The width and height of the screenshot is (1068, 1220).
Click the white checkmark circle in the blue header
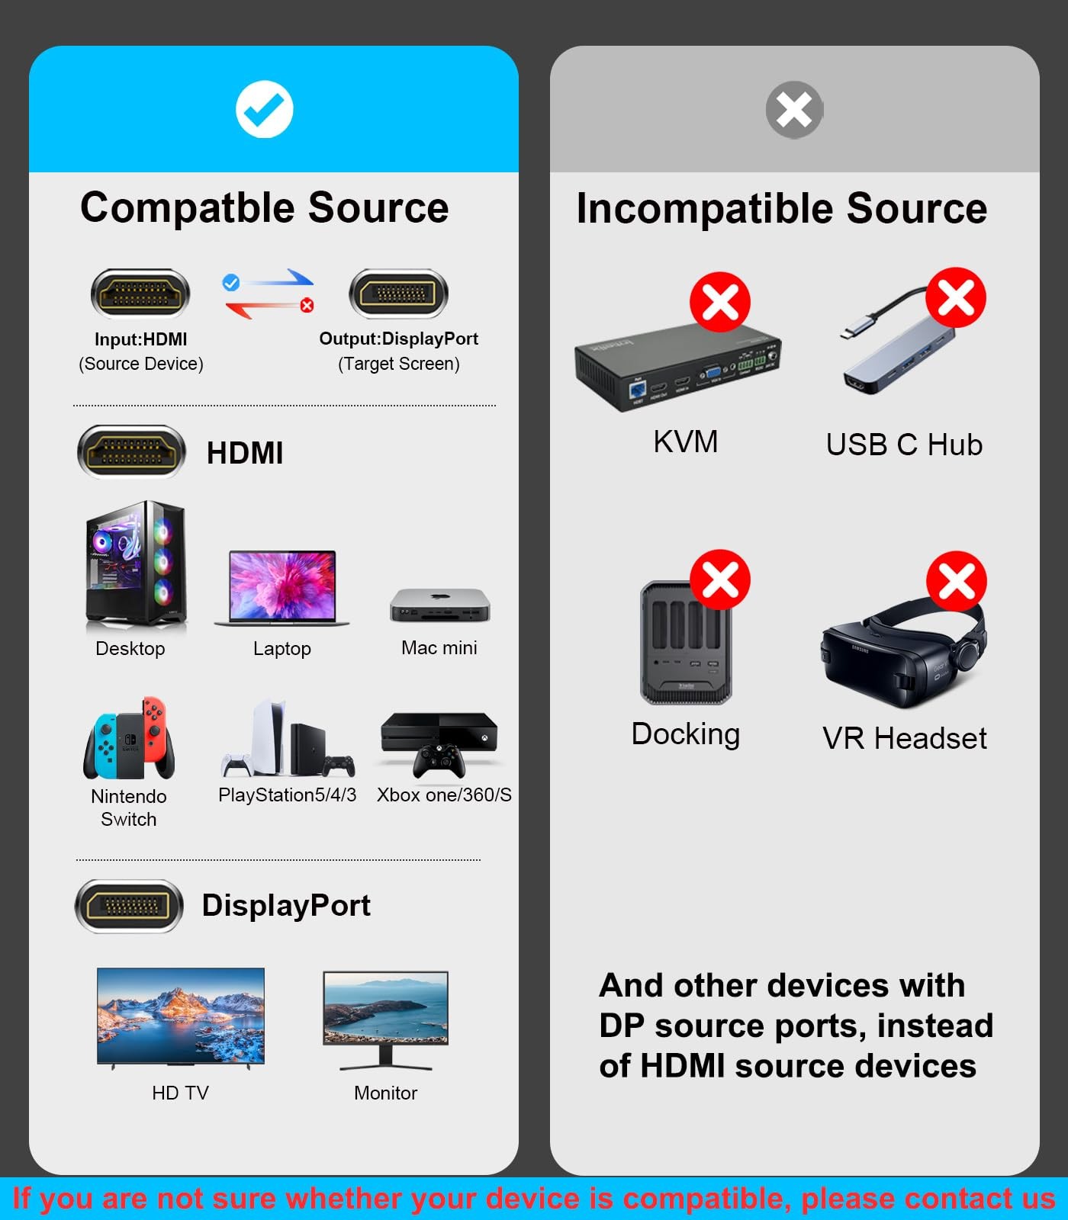point(264,110)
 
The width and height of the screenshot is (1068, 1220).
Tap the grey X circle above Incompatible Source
point(794,110)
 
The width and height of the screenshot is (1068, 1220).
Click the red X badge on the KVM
point(719,302)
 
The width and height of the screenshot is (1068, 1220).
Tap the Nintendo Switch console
point(129,739)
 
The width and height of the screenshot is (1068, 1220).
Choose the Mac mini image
point(439,605)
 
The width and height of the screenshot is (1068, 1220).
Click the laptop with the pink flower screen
point(282,588)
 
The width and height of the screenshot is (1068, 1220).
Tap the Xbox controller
point(439,760)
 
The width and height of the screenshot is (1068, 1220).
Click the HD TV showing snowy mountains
point(181,1016)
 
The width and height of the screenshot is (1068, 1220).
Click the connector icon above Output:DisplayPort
point(398,294)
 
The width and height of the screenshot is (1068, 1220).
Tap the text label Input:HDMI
point(140,339)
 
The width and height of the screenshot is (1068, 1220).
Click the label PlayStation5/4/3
point(287,795)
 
